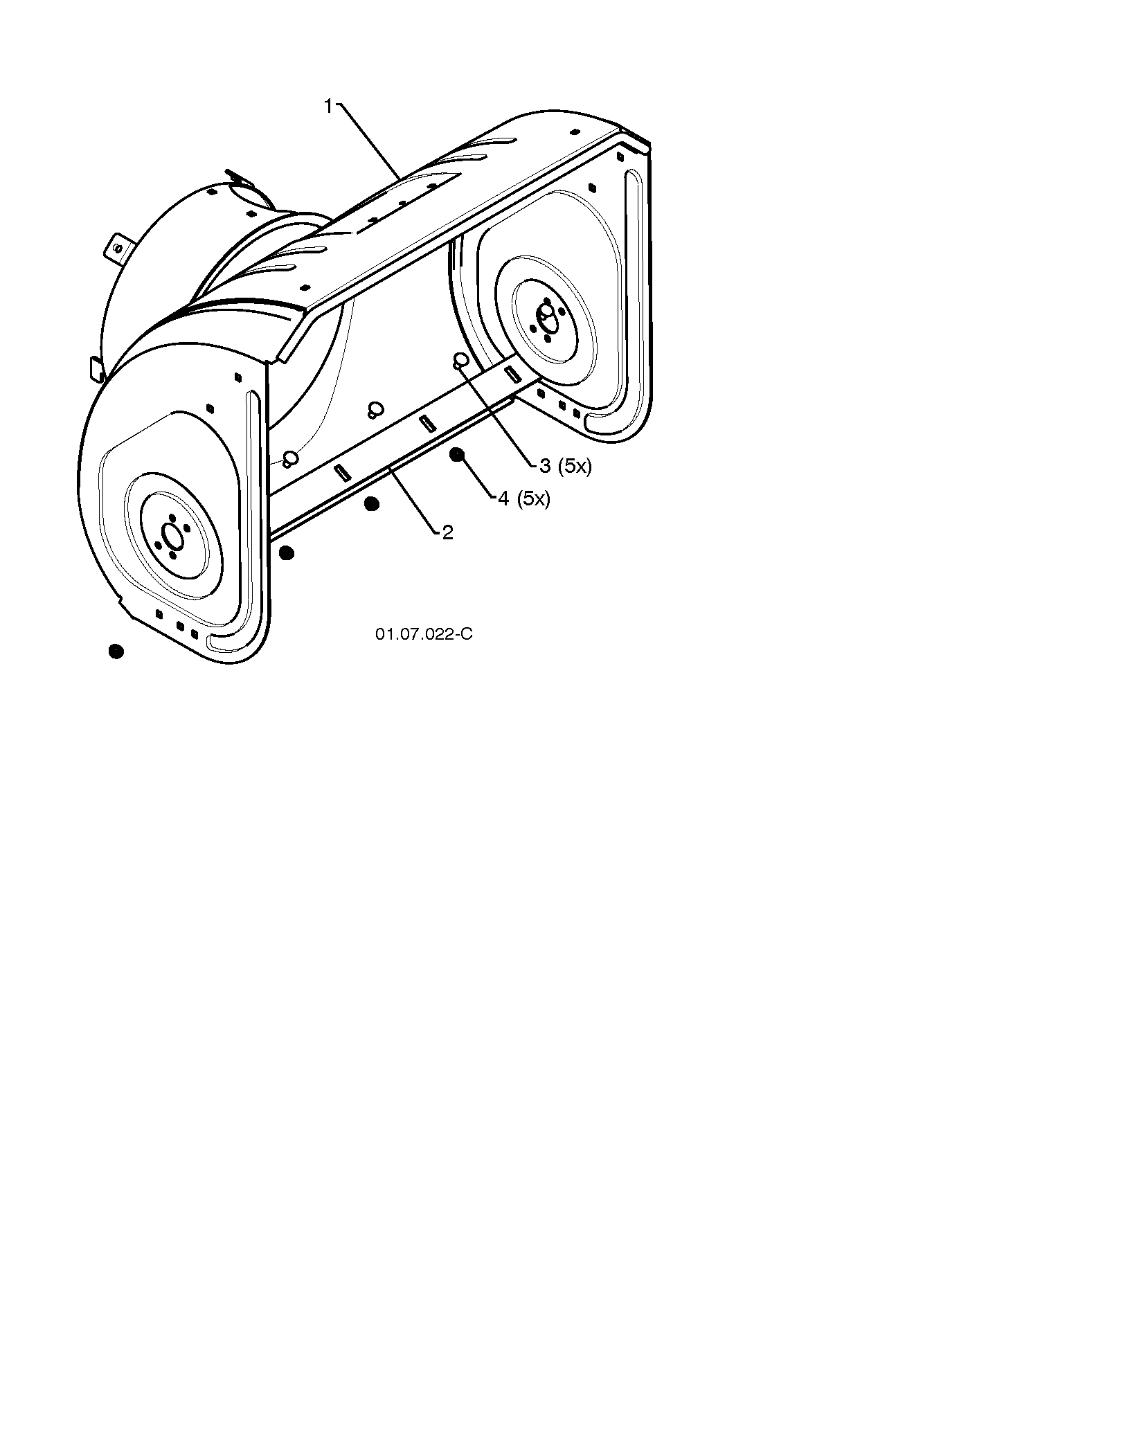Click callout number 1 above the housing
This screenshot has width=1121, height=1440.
click(329, 107)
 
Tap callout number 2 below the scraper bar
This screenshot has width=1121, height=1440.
click(447, 532)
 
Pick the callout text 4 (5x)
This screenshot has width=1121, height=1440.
click(524, 498)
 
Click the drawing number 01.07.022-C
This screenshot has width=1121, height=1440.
click(424, 634)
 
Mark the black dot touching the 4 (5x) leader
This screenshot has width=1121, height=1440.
click(457, 455)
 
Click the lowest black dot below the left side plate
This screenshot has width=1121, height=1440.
click(116, 651)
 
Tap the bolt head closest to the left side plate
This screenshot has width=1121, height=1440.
click(291, 457)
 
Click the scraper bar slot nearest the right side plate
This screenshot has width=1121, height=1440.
click(514, 374)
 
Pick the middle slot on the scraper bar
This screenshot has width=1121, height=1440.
click(427, 422)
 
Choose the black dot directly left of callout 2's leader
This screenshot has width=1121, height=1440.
click(372, 504)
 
